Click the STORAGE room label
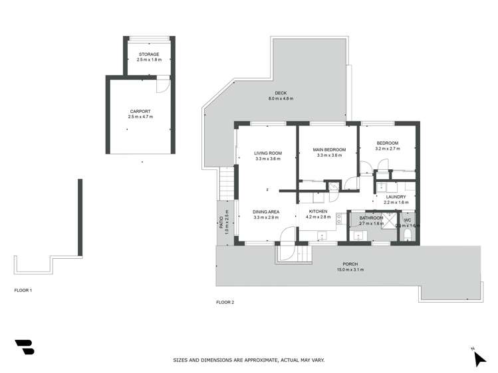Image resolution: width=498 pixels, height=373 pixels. point(149,54)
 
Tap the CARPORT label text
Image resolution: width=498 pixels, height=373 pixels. point(140,111)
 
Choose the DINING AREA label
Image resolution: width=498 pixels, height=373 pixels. point(266,212)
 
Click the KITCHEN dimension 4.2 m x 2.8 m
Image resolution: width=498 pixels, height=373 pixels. point(318,217)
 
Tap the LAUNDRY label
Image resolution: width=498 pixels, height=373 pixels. point(396,196)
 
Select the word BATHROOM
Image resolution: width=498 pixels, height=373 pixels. point(371,218)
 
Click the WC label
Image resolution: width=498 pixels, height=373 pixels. point(408,219)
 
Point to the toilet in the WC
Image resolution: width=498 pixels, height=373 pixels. point(408,236)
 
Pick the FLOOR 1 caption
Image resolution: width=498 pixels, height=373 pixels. point(23,290)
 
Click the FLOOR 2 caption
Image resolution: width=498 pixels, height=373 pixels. point(225,302)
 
